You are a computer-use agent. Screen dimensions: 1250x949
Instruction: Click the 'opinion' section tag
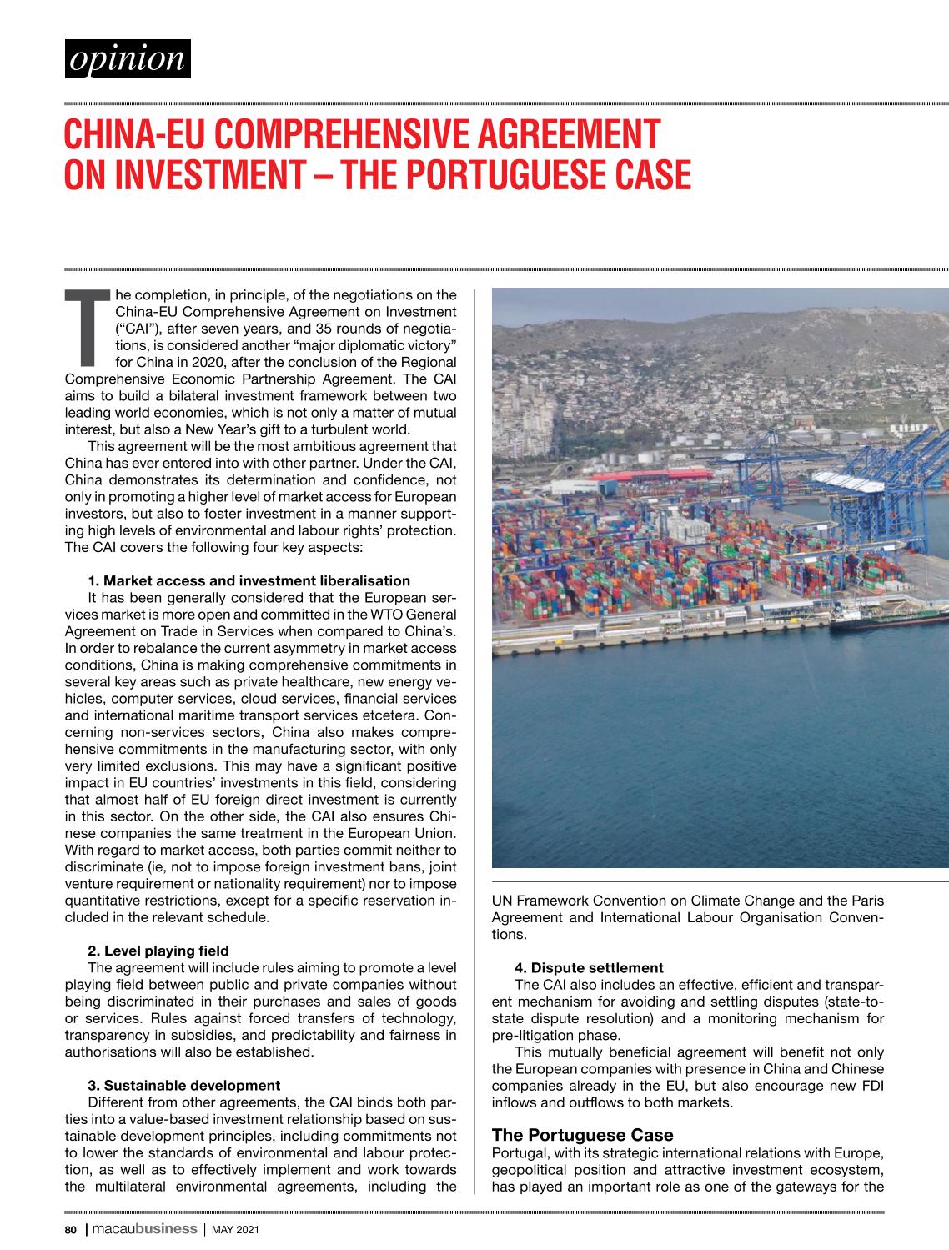[128, 58]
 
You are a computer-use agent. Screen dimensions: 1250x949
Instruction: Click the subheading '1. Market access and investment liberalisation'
[249, 580]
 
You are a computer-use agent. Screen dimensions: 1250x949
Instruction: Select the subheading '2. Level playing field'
[158, 951]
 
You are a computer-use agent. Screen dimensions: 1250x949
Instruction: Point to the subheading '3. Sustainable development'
[183, 1085]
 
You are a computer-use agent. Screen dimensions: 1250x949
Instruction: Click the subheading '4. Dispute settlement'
[589, 967]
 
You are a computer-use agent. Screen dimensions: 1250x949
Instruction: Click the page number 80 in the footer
[71, 1229]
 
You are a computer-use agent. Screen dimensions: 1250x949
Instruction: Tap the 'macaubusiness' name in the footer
[143, 1229]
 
